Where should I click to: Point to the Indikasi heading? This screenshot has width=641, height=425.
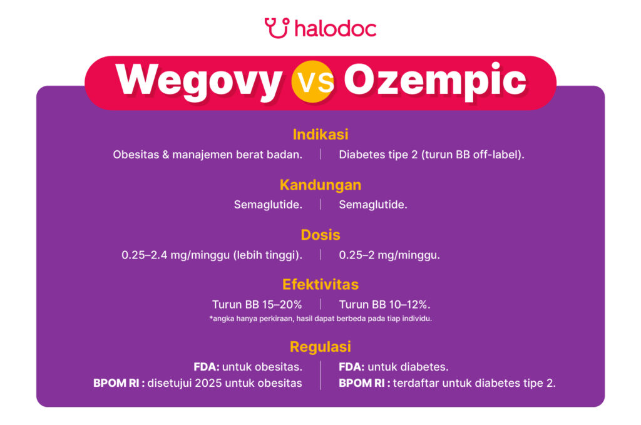[x=320, y=135]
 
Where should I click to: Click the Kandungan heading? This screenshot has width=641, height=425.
[x=320, y=185]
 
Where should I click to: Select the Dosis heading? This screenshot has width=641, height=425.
[x=320, y=235]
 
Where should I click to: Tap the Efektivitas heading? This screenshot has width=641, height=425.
[x=320, y=285]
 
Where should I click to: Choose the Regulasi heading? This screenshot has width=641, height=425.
[x=320, y=347]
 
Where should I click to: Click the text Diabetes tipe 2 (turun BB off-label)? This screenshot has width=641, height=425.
[x=431, y=155]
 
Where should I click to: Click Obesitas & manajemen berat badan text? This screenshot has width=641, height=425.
[x=208, y=155]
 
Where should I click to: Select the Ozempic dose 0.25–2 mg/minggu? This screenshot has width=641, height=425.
[x=389, y=255]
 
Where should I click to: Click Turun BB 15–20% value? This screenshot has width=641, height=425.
[x=257, y=305]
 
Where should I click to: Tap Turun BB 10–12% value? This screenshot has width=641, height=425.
[x=384, y=305]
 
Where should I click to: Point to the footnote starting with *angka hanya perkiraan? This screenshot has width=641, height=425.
[x=320, y=319]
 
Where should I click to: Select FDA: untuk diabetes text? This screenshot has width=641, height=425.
[x=393, y=367]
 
